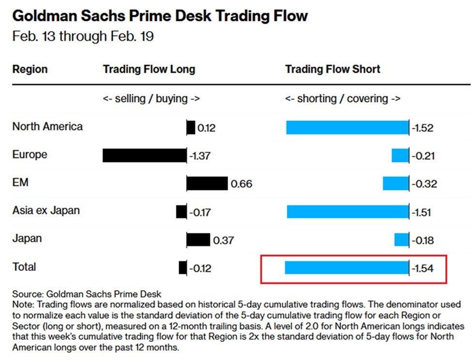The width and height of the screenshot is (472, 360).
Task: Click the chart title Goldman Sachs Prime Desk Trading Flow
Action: (x=160, y=16)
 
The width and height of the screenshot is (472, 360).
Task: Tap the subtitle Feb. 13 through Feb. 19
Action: (x=83, y=37)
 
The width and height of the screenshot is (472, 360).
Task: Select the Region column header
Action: (x=30, y=69)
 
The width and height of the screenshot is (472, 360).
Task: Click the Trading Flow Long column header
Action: (x=149, y=69)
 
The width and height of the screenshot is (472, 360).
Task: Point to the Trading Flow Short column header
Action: (x=333, y=69)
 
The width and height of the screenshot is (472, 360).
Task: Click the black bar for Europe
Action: (x=144, y=156)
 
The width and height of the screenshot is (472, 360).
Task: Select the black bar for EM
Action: (x=207, y=184)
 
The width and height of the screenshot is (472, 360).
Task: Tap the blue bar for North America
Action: (x=347, y=128)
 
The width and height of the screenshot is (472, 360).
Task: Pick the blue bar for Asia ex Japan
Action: (x=348, y=212)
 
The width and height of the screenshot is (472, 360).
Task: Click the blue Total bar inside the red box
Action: (x=347, y=268)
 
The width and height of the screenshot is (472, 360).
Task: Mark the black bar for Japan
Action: (x=198, y=240)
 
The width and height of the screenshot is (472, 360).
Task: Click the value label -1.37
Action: (x=199, y=156)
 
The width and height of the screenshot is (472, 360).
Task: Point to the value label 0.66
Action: (x=241, y=184)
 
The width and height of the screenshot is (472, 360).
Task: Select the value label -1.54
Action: (x=422, y=268)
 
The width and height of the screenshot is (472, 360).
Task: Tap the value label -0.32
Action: (x=424, y=184)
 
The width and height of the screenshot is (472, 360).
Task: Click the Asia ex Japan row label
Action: (x=46, y=211)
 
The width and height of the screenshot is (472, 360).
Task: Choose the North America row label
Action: (x=47, y=126)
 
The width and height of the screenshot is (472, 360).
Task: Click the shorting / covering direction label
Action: (x=343, y=99)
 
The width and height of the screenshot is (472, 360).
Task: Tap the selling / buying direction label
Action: (x=151, y=99)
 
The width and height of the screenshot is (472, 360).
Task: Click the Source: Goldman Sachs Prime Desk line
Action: (x=87, y=294)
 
